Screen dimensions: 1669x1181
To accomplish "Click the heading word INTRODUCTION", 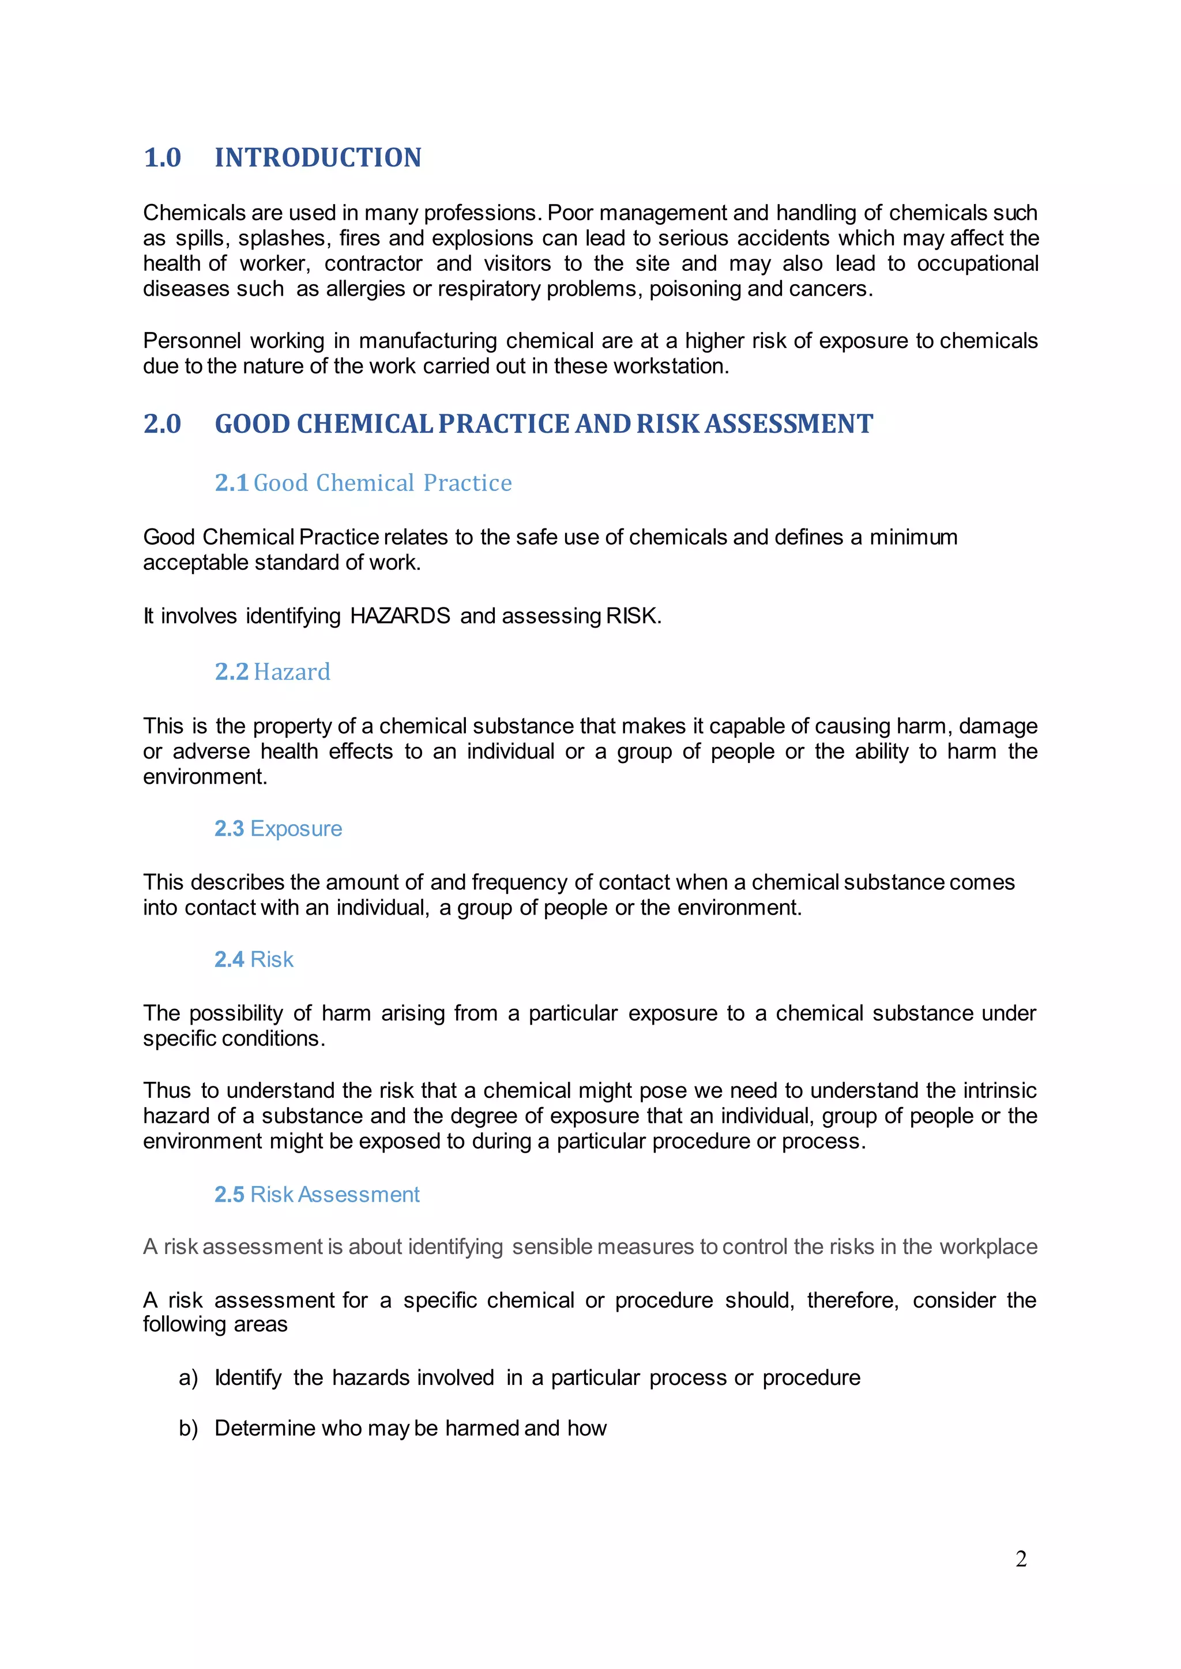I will pos(318,158).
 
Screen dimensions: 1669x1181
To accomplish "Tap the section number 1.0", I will pos(162,158).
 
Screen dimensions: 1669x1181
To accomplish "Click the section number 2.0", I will pos(162,424).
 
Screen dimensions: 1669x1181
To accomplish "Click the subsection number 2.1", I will pos(231,483).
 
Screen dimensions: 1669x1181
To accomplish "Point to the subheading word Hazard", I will pos(292,671).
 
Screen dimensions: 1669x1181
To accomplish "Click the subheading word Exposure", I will pos(296,829).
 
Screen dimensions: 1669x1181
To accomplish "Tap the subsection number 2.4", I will pos(229,960).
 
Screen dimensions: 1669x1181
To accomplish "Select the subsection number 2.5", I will pos(229,1194).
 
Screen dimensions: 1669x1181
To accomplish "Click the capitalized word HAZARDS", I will pos(400,616).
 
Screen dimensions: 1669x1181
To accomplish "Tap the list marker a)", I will pos(189,1377).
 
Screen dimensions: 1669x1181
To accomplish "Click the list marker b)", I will pos(189,1429).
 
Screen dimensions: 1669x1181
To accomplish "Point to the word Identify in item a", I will pos(248,1377).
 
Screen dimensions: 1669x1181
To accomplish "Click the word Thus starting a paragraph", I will pos(167,1090).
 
